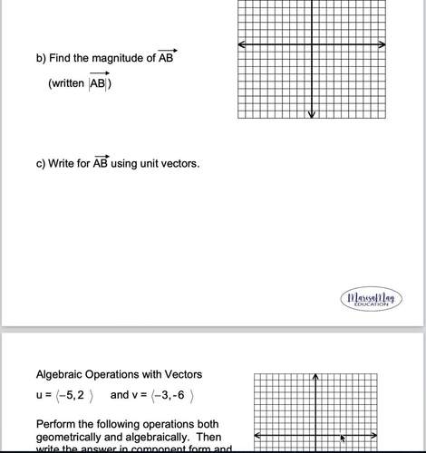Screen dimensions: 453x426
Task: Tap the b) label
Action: point(41,59)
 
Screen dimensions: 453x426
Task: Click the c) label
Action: point(41,164)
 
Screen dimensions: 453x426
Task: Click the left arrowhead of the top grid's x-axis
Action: point(242,44)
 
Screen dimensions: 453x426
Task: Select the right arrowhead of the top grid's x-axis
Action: point(384,44)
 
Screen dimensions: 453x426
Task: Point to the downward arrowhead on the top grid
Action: point(312,113)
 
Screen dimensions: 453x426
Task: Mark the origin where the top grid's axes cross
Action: point(312,44)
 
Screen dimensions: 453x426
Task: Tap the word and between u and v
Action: point(120,395)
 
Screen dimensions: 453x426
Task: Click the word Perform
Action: point(56,424)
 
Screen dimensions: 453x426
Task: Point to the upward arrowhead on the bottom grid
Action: point(315,377)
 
